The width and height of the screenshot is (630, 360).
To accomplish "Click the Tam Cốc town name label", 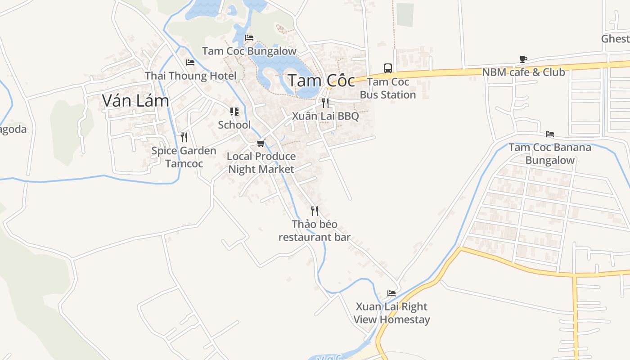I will pyautogui.click(x=321, y=81).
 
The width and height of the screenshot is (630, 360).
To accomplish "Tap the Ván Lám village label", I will pyautogui.click(x=135, y=100).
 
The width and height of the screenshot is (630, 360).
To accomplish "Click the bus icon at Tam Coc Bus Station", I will pyautogui.click(x=388, y=68).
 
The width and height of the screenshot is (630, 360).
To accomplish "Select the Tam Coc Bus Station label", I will pyautogui.click(x=388, y=88).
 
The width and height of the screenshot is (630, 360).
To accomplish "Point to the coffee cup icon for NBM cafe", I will pyautogui.click(x=523, y=59).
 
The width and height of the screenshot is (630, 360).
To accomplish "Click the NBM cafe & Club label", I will pyautogui.click(x=523, y=72).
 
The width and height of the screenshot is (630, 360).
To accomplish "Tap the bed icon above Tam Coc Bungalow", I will pyautogui.click(x=249, y=38).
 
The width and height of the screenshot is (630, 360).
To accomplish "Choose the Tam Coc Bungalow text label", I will pyautogui.click(x=249, y=51).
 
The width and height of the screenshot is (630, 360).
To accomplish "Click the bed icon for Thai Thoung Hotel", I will pyautogui.click(x=190, y=63).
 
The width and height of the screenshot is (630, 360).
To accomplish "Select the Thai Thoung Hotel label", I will pyautogui.click(x=190, y=76).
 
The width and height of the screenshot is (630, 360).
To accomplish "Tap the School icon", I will pyautogui.click(x=234, y=112).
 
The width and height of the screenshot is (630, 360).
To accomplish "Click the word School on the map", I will pyautogui.click(x=234, y=125).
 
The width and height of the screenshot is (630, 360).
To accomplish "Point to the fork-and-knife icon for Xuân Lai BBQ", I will pyautogui.click(x=325, y=103).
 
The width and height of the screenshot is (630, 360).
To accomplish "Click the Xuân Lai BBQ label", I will pyautogui.click(x=325, y=116).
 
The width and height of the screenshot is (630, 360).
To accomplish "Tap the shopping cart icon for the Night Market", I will pyautogui.click(x=261, y=144).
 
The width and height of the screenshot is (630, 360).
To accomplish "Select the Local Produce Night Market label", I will pyautogui.click(x=261, y=162).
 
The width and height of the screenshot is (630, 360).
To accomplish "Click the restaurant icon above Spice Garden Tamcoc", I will pyautogui.click(x=184, y=137).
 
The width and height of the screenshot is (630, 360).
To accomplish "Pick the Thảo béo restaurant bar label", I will pyautogui.click(x=315, y=230).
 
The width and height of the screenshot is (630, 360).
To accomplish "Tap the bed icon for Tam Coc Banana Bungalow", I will pyautogui.click(x=549, y=134).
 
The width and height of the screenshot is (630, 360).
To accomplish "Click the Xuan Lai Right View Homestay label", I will pyautogui.click(x=391, y=313).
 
